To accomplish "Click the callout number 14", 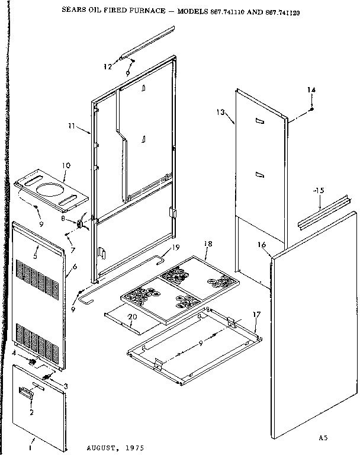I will [311, 89].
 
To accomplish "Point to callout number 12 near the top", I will [107, 66].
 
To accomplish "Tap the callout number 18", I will [208, 243].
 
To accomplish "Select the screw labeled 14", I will [312, 110].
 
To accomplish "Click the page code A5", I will [322, 438].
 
